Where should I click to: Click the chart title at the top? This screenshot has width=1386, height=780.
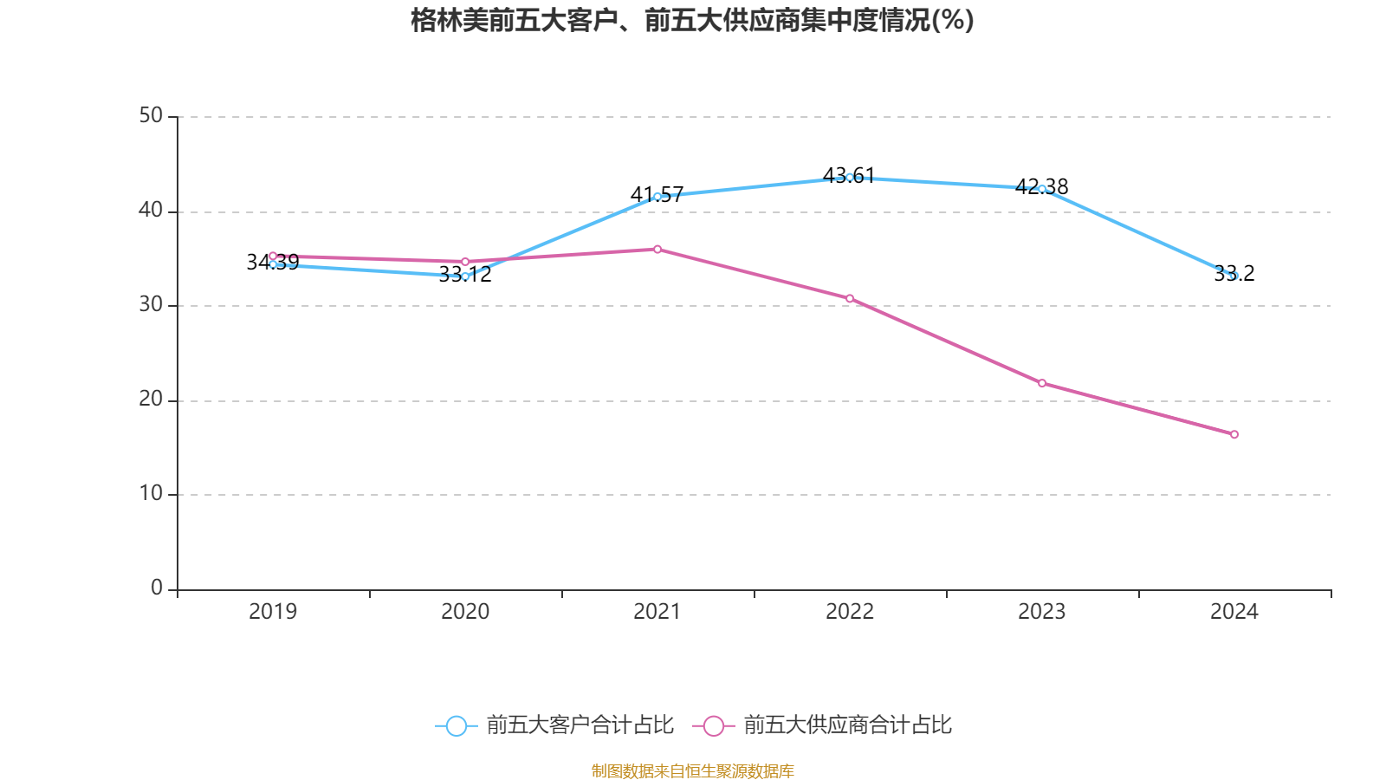click(x=692, y=20)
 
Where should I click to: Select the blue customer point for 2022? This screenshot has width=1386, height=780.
click(x=850, y=178)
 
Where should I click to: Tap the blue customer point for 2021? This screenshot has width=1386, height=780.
click(x=657, y=197)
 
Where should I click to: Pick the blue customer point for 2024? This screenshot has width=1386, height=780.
click(x=1234, y=276)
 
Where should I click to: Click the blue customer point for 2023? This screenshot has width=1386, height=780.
click(x=1042, y=189)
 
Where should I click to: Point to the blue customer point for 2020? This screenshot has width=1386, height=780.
click(x=465, y=276)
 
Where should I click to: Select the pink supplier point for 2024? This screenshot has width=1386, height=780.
click(x=1234, y=434)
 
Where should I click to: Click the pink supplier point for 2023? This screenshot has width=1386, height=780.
click(x=1042, y=383)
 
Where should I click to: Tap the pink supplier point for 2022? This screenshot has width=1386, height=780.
click(x=850, y=298)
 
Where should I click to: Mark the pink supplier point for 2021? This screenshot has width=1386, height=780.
click(x=657, y=250)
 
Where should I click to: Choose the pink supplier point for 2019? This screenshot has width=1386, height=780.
click(x=273, y=256)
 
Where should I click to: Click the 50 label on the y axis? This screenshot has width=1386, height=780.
click(x=151, y=116)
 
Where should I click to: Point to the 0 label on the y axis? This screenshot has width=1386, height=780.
click(x=157, y=588)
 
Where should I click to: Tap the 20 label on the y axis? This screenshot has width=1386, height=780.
click(x=151, y=400)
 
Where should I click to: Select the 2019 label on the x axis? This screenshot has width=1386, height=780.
click(x=273, y=612)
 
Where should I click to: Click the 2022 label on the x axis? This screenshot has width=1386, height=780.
click(x=850, y=612)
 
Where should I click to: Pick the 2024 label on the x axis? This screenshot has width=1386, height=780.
click(x=1234, y=612)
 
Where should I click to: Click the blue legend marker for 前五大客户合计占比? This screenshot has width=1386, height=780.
click(x=456, y=725)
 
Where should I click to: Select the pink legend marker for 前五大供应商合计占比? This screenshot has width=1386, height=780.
click(x=714, y=725)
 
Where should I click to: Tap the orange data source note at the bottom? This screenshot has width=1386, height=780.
click(x=692, y=770)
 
